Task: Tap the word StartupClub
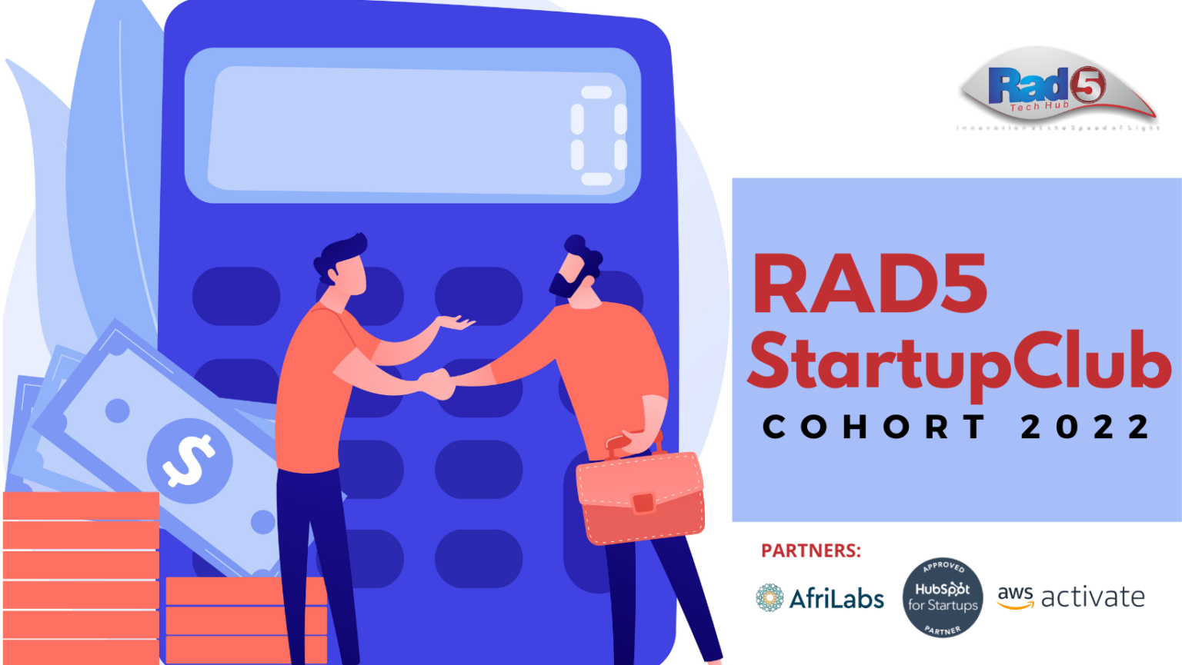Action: coord(958,361)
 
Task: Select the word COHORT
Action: coord(873,427)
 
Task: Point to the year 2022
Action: coord(1085,427)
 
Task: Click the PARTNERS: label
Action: coord(810,550)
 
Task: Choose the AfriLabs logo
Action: coord(820,598)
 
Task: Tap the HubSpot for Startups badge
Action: coord(942,597)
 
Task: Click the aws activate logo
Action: coord(1070,597)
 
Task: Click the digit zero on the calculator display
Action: coord(598,136)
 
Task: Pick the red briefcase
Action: coord(640,498)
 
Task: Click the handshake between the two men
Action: coord(436,383)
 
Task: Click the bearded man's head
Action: coord(577,269)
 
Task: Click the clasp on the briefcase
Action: coord(643,503)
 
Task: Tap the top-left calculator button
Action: coord(235,296)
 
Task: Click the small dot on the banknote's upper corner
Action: coord(117,411)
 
